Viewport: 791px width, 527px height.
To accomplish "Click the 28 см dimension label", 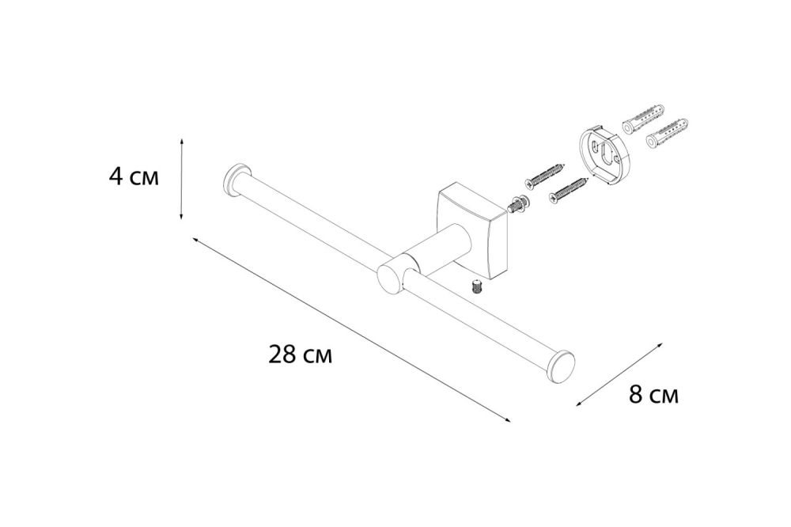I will click(300, 355).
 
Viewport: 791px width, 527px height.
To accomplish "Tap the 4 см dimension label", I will click(133, 177).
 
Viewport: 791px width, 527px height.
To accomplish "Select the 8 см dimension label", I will click(653, 395).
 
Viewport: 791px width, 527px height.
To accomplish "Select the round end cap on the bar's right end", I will click(562, 367).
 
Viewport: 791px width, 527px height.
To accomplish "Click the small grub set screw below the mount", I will click(477, 288).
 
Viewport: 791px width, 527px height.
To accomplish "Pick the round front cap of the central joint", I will click(389, 279).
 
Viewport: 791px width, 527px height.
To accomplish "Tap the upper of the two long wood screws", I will click(545, 174).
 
